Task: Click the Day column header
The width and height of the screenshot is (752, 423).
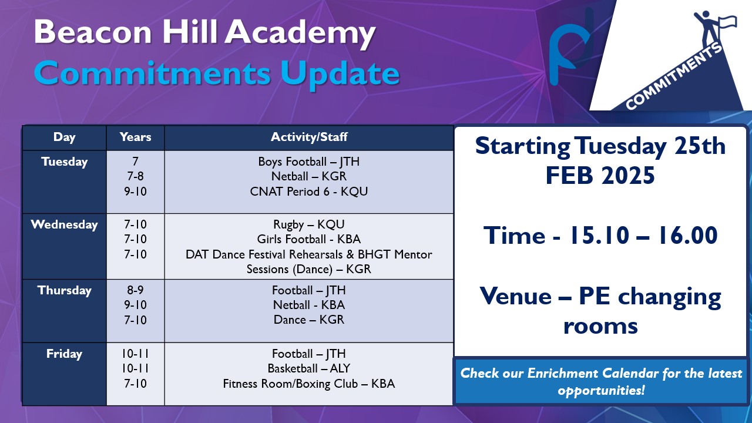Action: (x=64, y=137)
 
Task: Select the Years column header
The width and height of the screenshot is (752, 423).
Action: (x=135, y=137)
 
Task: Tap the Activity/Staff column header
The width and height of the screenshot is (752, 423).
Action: (x=309, y=137)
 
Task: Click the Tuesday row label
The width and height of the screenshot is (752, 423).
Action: (x=65, y=162)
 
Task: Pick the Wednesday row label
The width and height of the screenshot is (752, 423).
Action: (x=64, y=224)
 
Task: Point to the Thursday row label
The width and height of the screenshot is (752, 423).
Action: (x=65, y=290)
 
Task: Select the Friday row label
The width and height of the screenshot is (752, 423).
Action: (x=64, y=354)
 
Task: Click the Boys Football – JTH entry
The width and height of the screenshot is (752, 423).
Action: (x=309, y=162)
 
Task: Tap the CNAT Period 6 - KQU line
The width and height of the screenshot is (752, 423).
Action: (x=309, y=192)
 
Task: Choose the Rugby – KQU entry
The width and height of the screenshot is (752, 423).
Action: (x=309, y=224)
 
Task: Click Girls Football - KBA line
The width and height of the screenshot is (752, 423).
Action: (x=309, y=239)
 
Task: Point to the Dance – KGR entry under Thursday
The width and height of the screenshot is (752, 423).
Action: (x=309, y=320)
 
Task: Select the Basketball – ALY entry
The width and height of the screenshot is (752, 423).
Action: (x=309, y=368)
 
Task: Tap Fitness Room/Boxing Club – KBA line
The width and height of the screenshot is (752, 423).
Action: (x=309, y=384)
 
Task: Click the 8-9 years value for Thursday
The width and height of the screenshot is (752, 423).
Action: (x=135, y=290)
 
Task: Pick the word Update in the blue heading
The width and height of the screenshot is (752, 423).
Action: (x=340, y=74)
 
